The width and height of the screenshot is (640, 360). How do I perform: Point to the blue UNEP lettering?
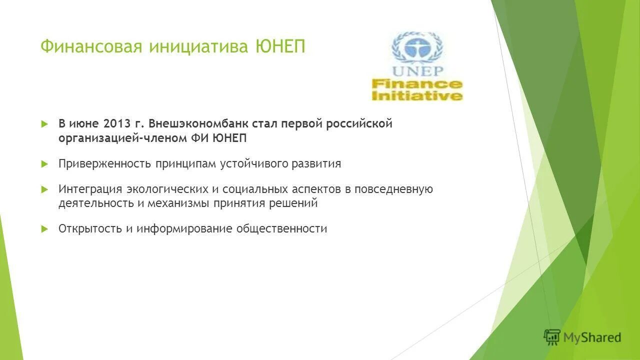tap(416, 71)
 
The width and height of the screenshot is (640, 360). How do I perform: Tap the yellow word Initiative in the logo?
tap(416, 95)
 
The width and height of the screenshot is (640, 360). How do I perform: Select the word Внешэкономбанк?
tap(191, 124)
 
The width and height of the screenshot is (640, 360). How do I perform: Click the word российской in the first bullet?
tap(359, 124)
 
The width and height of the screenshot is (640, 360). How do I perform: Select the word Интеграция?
tap(90, 189)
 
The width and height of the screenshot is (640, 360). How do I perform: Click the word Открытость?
tap(90, 229)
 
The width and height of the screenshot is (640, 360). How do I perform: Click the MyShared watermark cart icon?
tap(552, 337)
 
